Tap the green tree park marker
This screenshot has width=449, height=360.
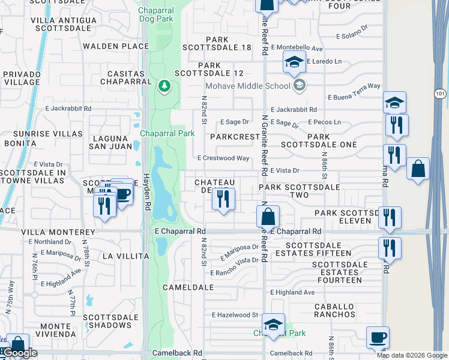point(163,87)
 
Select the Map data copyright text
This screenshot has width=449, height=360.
point(412,355)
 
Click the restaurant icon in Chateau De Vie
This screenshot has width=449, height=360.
point(223,199)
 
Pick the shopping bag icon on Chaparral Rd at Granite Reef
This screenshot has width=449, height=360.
point(270,217)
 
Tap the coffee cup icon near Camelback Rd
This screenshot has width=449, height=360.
point(378,337)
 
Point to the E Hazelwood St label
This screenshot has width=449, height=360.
point(235,314)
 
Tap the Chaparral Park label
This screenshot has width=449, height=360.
point(167,133)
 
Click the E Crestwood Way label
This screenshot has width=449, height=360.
point(223,158)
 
